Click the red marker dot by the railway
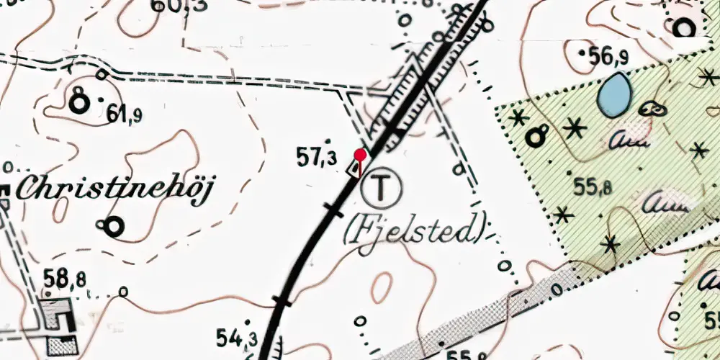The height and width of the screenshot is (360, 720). (360, 153)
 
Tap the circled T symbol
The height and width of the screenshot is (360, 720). (382, 188)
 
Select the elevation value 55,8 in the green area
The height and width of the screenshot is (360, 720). (593, 187)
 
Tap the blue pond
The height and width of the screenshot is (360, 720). (614, 94)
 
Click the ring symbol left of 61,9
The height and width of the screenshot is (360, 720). (78, 104)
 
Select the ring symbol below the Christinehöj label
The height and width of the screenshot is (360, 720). (114, 227)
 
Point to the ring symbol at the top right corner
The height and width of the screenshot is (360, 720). (683, 27)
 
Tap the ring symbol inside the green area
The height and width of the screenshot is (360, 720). (536, 135)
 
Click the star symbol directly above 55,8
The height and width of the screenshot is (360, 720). (575, 129)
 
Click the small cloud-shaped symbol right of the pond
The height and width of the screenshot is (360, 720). (652, 109)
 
